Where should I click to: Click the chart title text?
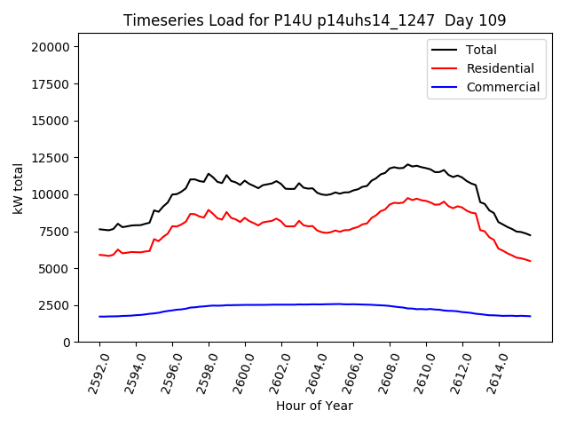[315, 20]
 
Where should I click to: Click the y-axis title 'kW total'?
[19, 188]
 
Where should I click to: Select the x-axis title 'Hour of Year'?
[314, 406]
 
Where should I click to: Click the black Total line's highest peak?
[408, 165]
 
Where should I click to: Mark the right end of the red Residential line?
[531, 261]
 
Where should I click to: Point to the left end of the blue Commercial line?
[99, 317]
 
